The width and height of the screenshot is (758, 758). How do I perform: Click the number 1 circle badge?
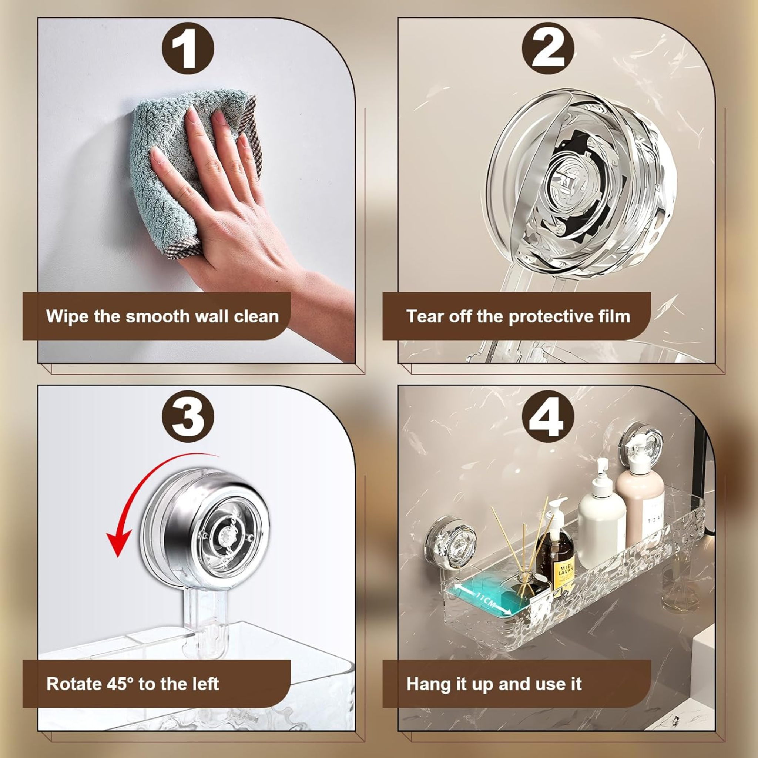coord(188,48)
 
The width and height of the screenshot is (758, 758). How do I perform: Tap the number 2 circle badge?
coord(548,48)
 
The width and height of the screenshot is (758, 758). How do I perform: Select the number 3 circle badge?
coord(188,416)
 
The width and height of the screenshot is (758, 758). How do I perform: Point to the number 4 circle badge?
coord(548,416)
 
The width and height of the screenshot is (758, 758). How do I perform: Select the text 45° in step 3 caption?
coord(120,684)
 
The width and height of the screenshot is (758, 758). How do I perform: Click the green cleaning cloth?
coord(165,157)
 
